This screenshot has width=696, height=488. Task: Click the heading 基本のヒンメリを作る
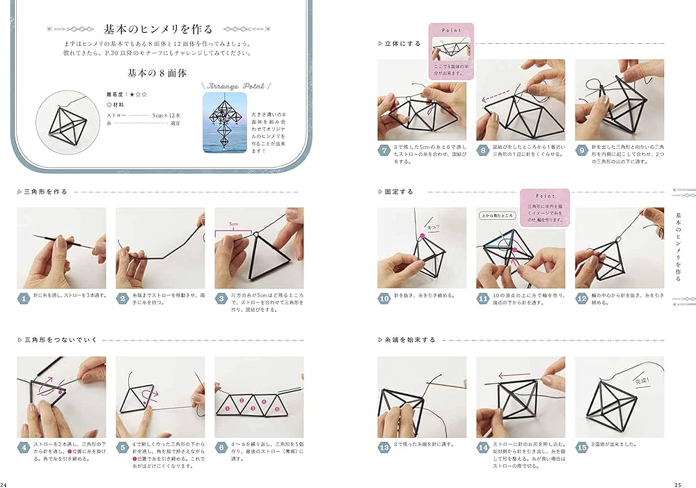(157, 29)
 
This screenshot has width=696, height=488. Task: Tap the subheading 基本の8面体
(157, 72)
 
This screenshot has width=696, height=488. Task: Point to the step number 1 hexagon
(24, 299)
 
